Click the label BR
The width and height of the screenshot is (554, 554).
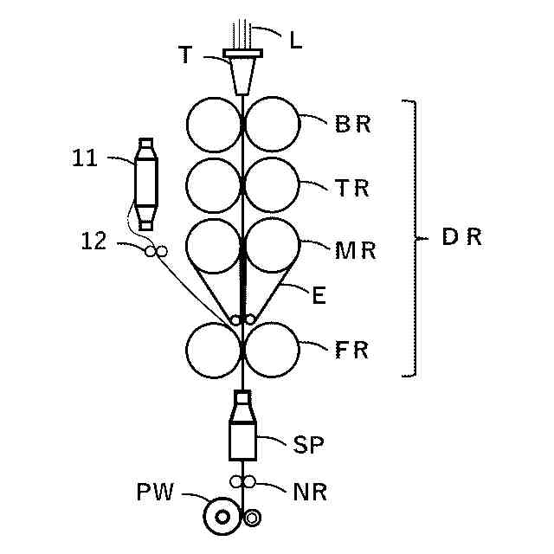[x=353, y=124]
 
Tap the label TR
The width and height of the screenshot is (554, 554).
[x=353, y=187]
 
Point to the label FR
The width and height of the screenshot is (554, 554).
[x=351, y=351]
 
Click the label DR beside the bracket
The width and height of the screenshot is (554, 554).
[x=461, y=237]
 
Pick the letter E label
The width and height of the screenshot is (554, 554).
[x=318, y=296]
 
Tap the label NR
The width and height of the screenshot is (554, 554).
[x=310, y=493]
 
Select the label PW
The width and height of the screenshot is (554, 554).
[x=156, y=493]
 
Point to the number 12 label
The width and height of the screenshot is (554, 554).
[x=93, y=242]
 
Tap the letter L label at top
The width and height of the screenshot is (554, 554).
[x=295, y=40]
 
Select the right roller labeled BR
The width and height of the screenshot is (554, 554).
[x=272, y=125]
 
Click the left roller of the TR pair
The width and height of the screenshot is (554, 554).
[x=214, y=185]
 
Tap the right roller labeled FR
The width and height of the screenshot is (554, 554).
[x=272, y=351]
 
